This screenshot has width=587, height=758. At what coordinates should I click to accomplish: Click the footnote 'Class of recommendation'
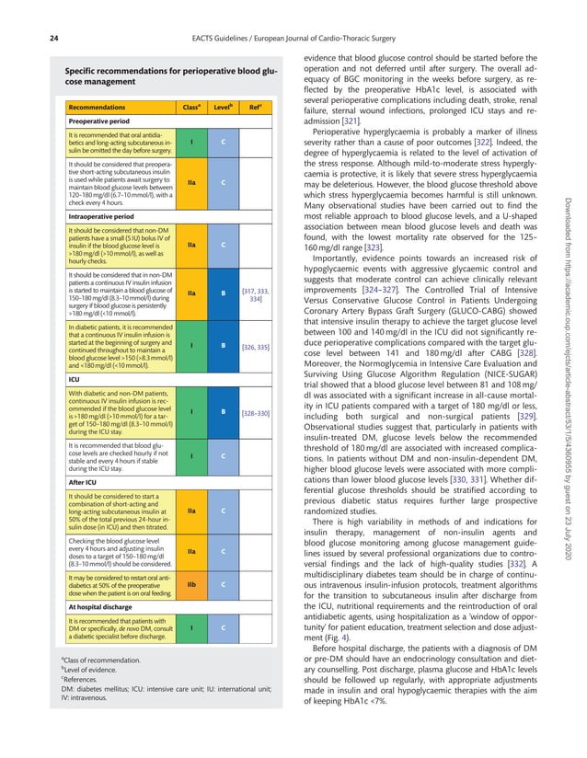(102, 660)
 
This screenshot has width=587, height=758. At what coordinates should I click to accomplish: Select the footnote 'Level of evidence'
(92, 670)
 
